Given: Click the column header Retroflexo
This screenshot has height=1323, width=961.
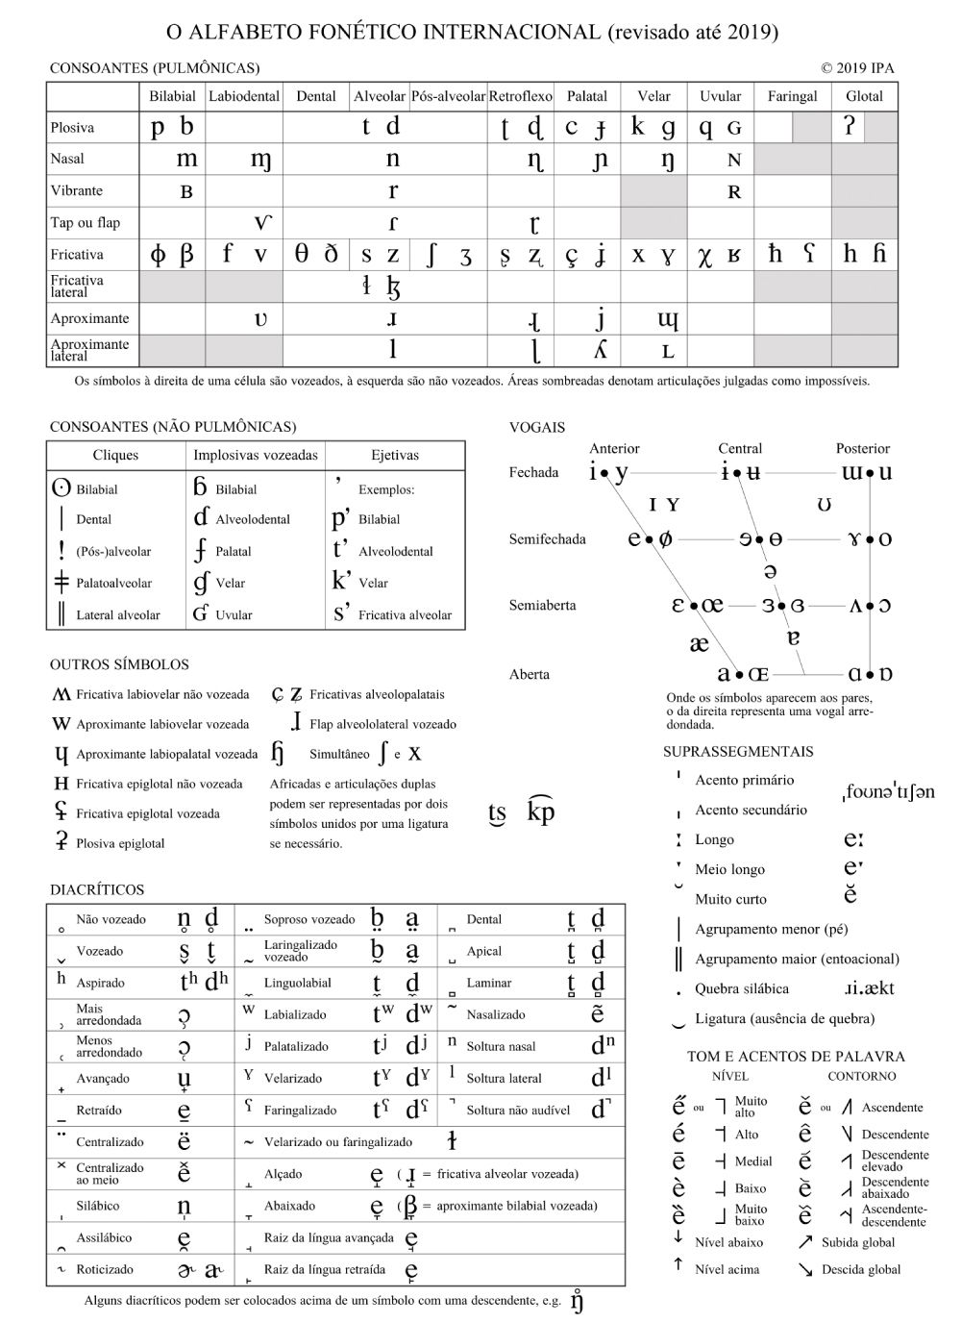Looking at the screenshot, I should point(520,96).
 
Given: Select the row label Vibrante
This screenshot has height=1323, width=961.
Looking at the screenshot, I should point(77,190).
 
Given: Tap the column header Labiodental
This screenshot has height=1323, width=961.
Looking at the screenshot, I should point(244,96).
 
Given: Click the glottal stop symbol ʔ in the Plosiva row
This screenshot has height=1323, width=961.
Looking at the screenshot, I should point(849,126).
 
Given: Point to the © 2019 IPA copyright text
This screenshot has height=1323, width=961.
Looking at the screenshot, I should point(857,68).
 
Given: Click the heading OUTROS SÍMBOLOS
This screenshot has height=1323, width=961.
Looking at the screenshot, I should point(119,664).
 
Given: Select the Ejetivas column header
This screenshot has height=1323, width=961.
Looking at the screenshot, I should point(395,455).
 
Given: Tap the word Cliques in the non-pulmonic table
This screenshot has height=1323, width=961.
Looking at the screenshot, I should point(115,455).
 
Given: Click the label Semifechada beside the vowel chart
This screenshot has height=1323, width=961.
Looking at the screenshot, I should point(547,539).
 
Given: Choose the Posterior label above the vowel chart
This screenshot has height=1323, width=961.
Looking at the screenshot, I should point(862,448).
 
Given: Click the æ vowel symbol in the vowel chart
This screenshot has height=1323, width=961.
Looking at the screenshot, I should point(699,643).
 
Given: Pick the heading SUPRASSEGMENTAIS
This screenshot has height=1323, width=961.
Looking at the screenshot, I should point(738,752).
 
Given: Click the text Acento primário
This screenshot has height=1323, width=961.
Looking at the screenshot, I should point(744,780).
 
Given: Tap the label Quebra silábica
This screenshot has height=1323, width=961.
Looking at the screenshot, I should point(741,988).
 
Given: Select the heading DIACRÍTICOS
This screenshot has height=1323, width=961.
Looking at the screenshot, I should point(97,889).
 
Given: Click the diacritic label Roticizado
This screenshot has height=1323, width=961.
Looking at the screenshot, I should point(105,1269).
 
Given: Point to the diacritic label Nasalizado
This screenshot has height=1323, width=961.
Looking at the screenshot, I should point(496,1014).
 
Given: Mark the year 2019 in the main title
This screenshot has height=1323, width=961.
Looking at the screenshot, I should point(749,33).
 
